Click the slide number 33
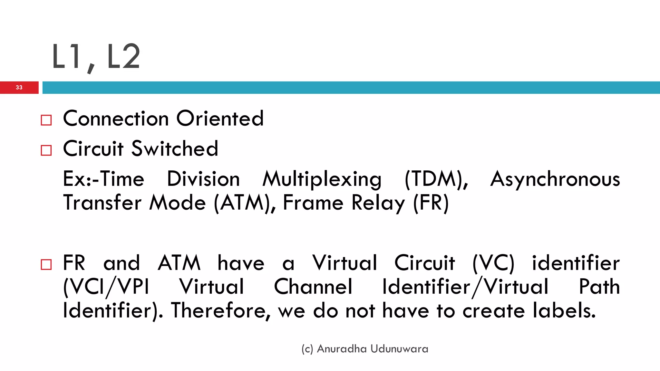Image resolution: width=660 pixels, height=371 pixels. (x=19, y=87)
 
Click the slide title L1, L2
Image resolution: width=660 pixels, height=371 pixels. (x=96, y=57)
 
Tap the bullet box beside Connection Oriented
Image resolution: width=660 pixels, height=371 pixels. (x=46, y=120)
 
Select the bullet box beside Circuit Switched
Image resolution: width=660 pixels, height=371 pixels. (x=46, y=150)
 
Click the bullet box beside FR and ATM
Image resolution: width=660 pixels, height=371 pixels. (x=46, y=264)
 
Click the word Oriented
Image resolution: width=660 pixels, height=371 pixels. (x=220, y=118)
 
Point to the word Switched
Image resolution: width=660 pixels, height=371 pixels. (x=175, y=148)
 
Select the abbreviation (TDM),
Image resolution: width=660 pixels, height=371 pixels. (x=436, y=179)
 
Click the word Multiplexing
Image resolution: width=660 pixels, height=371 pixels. (x=322, y=179)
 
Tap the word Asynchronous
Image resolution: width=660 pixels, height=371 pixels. (x=555, y=179)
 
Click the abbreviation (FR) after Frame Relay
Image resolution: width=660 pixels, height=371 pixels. (x=431, y=203)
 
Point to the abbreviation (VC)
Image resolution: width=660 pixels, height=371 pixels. (x=493, y=263)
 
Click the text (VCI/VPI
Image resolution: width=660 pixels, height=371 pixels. (x=106, y=287)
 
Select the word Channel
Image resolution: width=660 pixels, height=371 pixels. (x=313, y=287)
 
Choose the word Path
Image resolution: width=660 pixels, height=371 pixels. (x=599, y=287)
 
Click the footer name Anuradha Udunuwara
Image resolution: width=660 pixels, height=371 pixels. (x=373, y=349)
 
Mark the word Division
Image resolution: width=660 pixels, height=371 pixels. (x=203, y=179)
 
